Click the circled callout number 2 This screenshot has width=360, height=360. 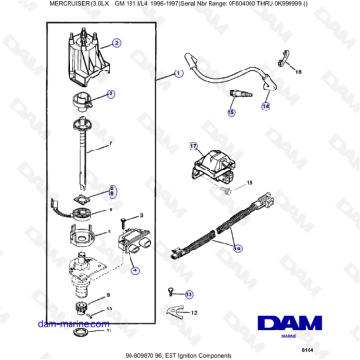point(116,44)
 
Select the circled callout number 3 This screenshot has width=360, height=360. point(110,93)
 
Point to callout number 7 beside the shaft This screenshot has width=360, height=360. point(110,144)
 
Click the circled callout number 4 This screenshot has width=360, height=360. point(134,270)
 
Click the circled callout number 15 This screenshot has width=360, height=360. point(231,112)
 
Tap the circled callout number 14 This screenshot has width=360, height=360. point(266,107)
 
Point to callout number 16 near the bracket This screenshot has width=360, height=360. point(297,72)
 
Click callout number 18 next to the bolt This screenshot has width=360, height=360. point(250,181)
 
